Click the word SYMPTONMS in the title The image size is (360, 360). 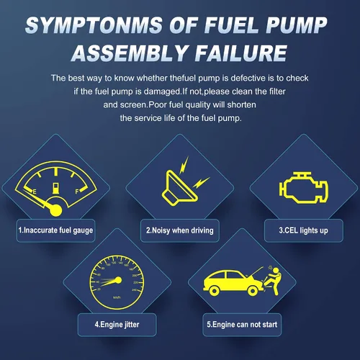pos(94,25)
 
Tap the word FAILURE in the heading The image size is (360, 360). pos(240,53)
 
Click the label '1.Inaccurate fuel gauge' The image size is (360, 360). pos(55,230)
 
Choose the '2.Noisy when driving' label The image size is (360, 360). pos(180,230)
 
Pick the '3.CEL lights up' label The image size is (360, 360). pos(303,230)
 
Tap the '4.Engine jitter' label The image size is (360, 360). pos(117,325)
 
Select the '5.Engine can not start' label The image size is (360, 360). pos(242,325)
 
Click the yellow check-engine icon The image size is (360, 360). pos(303,187)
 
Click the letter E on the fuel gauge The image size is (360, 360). pos(35,192)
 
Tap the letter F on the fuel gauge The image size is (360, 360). pos(77,192)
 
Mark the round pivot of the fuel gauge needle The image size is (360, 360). pos(55,210)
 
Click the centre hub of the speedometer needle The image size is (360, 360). pos(118,280)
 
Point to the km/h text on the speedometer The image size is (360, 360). pos(117,297)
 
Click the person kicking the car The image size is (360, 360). pos(273,281)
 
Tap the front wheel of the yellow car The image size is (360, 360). pos(253,291)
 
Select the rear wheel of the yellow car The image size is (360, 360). pos(214,291)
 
